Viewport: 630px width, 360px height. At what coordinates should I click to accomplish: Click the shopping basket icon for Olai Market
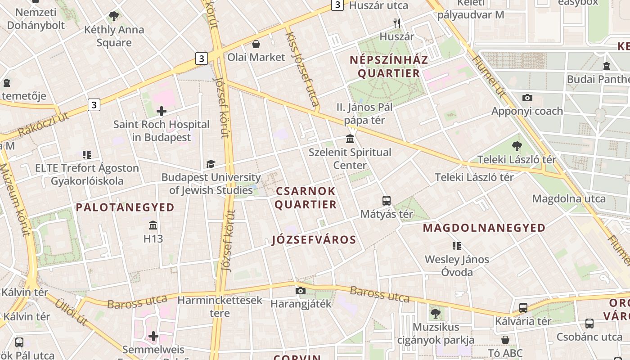click(256, 44)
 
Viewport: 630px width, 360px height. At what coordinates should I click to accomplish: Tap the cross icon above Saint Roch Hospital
click(162, 111)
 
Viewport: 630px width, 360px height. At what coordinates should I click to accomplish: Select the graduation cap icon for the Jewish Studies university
click(211, 164)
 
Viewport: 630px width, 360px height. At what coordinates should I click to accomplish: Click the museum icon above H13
click(153, 225)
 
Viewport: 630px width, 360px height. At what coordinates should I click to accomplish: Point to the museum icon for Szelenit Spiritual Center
click(350, 139)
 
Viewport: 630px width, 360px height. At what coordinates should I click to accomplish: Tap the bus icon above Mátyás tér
click(386, 201)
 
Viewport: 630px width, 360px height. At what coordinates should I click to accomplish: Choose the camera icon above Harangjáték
click(301, 291)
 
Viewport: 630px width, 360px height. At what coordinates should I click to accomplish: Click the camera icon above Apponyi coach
click(527, 98)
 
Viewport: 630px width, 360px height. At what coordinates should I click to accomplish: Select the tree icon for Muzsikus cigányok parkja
click(435, 313)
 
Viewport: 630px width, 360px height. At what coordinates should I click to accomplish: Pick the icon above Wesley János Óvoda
click(457, 246)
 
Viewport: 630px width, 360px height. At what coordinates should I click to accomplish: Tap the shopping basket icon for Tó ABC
click(505, 339)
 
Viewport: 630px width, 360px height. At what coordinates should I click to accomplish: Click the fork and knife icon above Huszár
click(396, 23)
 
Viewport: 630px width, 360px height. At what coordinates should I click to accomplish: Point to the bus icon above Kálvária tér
click(523, 308)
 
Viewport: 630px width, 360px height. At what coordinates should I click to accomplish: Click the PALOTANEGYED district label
click(125, 207)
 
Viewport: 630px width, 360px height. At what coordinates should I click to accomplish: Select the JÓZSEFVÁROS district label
click(314, 240)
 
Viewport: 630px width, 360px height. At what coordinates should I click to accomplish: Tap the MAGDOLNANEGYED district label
click(484, 228)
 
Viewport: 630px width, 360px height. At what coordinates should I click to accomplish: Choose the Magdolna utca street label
click(569, 198)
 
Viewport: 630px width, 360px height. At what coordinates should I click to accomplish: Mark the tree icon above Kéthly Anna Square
click(114, 17)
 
